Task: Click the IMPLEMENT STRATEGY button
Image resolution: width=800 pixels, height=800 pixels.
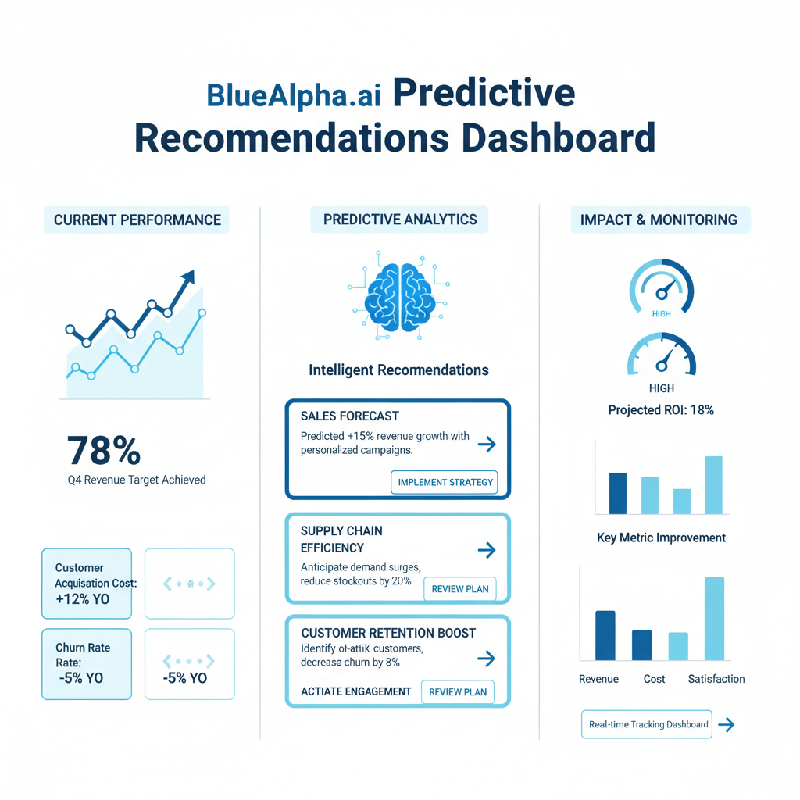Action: point(445,482)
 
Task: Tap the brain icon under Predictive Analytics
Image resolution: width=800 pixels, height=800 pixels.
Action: point(399,296)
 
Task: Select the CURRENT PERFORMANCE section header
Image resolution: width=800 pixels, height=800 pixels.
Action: point(137,220)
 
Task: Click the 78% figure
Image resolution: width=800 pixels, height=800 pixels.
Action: point(104,451)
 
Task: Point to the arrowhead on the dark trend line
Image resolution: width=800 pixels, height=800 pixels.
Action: point(187,279)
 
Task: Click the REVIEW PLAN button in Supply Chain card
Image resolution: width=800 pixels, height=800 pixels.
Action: point(460,589)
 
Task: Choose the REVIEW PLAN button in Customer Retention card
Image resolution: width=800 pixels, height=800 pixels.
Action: point(458,691)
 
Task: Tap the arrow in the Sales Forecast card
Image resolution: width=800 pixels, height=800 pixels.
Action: point(487,445)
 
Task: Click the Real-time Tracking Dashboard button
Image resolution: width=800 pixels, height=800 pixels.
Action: point(648,724)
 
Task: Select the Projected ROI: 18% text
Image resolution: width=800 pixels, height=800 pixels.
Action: point(661,410)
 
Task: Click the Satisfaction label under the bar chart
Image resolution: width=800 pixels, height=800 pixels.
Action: point(716,679)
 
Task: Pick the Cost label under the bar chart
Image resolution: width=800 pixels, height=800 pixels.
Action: point(654,679)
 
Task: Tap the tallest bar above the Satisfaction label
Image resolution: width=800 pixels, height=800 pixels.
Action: point(714,619)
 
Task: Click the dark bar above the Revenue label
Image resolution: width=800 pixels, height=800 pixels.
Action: point(605,635)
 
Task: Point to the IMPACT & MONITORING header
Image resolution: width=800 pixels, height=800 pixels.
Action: point(659,220)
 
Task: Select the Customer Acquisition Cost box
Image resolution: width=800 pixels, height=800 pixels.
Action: point(87,584)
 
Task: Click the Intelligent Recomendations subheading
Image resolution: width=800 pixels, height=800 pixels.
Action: point(398,370)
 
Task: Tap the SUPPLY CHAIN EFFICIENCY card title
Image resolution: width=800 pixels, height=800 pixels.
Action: point(341,539)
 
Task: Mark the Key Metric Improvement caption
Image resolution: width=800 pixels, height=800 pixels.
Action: point(661,537)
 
